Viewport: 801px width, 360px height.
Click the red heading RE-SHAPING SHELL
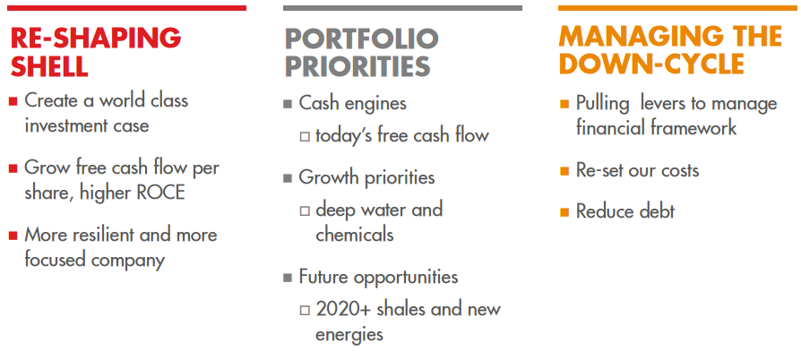pyautogui.click(x=94, y=51)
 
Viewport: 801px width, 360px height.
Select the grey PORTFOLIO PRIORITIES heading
pyautogui.click(x=361, y=52)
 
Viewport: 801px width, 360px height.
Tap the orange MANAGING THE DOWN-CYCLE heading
pyautogui.click(x=669, y=49)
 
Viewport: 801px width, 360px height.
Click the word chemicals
pyautogui.click(x=354, y=235)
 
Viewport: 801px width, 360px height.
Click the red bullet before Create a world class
pyautogui.click(x=13, y=101)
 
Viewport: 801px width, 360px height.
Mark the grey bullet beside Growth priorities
pyautogui.click(x=288, y=178)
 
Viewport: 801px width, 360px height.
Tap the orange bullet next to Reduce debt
pyautogui.click(x=564, y=212)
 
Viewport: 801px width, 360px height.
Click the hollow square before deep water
pyautogui.click(x=305, y=211)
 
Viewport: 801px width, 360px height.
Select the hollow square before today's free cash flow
pyautogui.click(x=305, y=137)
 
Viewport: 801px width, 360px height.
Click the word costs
pyautogui.click(x=678, y=170)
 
